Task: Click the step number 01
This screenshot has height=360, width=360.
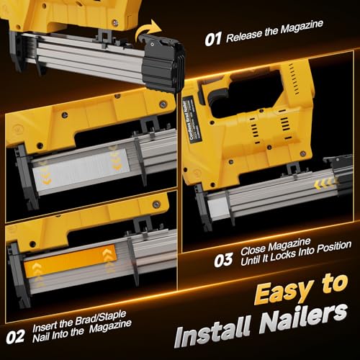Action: (213, 38)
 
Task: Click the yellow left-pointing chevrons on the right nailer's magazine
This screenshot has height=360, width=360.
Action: (325, 185)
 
